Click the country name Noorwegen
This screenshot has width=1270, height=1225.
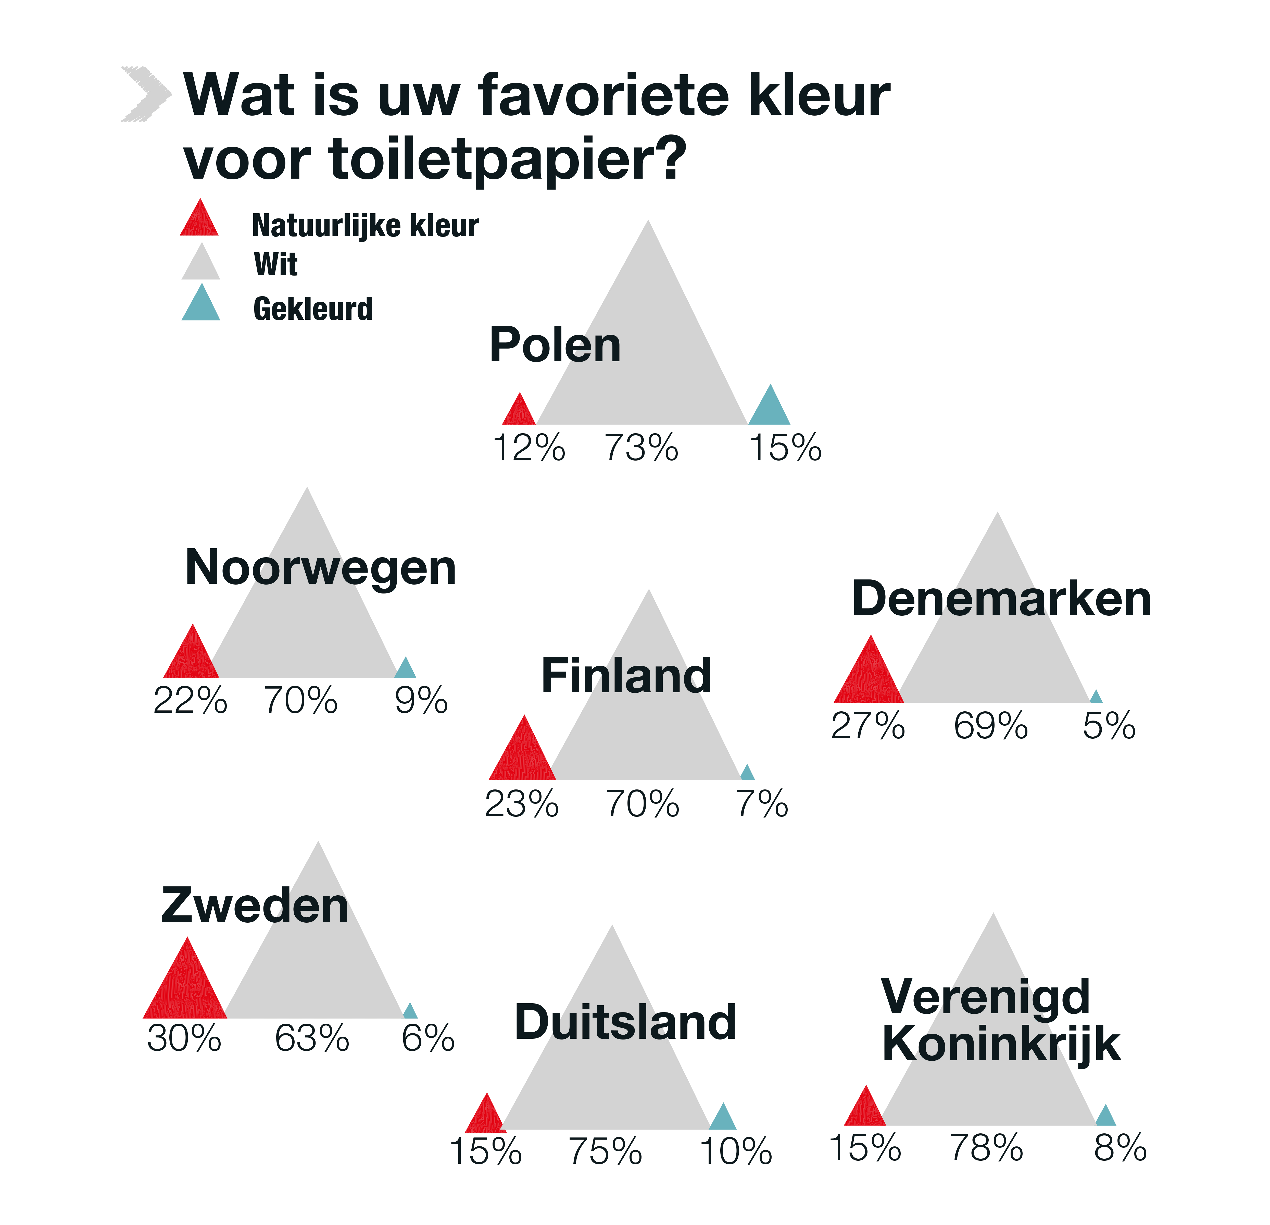pos(321,568)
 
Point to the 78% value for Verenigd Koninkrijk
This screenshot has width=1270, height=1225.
pos(986,1148)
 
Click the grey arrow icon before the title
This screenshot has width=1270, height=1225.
pos(146,94)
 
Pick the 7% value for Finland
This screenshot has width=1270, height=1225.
pos(762,804)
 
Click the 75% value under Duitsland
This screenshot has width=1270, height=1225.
pos(605,1152)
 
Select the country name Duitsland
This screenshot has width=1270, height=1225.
pos(625,1022)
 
